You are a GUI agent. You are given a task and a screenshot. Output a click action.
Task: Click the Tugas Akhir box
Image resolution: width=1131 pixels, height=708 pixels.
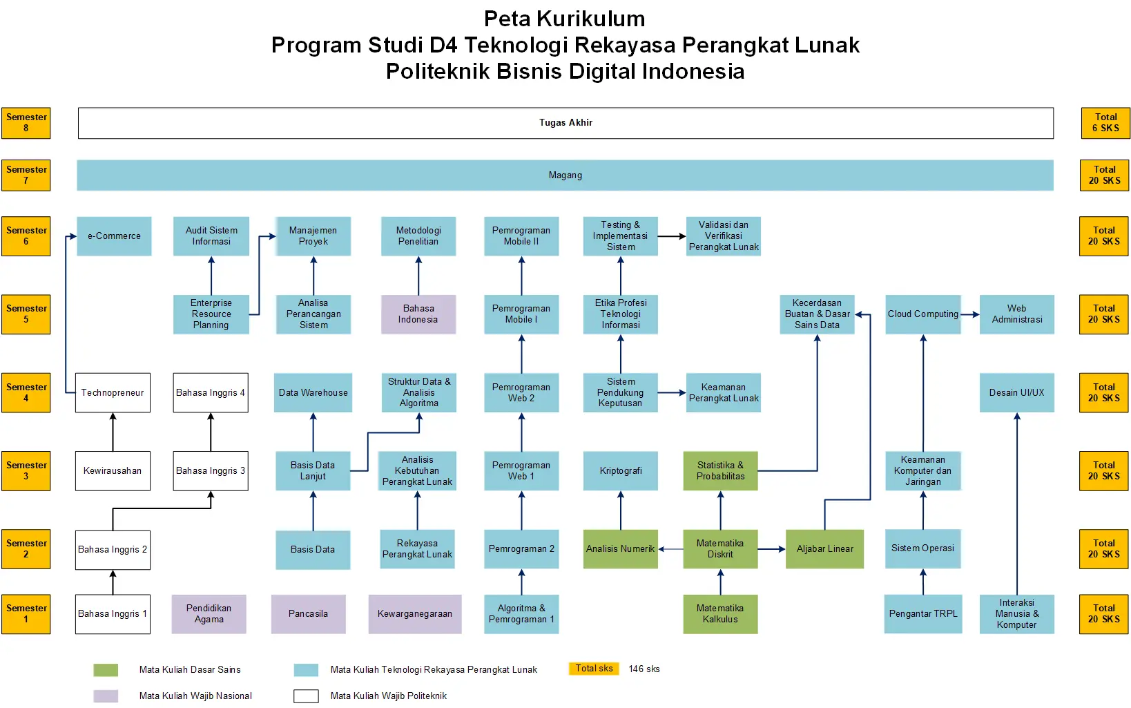click(565, 123)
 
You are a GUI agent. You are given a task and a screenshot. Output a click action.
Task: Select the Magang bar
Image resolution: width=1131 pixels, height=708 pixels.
click(565, 175)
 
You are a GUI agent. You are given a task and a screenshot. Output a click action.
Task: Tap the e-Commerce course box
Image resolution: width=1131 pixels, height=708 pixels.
click(114, 236)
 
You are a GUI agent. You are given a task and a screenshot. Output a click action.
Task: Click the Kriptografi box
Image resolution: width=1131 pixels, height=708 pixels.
click(620, 471)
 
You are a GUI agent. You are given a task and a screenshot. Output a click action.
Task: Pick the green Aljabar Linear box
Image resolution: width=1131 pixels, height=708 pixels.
click(824, 549)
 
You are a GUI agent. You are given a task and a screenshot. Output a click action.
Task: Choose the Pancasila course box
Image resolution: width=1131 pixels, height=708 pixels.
click(308, 614)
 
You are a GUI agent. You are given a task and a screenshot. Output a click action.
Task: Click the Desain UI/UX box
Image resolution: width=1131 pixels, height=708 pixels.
click(1016, 393)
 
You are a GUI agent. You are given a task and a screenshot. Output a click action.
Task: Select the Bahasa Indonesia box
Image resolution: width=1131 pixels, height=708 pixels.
click(418, 314)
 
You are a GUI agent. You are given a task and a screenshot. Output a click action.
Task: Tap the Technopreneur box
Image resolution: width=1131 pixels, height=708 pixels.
click(113, 393)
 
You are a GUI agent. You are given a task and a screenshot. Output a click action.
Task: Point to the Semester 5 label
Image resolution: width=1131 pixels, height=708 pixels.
click(26, 314)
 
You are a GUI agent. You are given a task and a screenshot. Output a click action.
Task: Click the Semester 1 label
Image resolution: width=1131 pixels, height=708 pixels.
click(26, 614)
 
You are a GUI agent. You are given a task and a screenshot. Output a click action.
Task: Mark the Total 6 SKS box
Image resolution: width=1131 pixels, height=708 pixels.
click(1105, 123)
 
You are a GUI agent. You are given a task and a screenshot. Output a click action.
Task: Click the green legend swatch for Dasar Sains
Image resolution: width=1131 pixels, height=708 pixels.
click(106, 670)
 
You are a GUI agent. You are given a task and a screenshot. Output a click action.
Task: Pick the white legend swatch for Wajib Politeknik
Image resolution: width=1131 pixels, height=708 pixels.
click(306, 696)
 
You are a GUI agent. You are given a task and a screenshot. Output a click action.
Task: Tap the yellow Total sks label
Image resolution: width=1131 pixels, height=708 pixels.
click(594, 669)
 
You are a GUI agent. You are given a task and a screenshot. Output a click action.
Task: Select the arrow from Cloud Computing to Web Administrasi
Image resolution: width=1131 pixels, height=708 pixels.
click(970, 314)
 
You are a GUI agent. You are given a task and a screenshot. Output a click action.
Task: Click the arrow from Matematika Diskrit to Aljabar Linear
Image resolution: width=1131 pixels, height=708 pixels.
click(772, 549)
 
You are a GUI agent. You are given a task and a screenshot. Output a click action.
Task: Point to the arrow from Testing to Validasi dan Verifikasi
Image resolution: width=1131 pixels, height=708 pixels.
click(672, 236)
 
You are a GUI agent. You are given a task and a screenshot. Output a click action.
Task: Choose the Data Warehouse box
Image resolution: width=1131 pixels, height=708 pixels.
click(313, 393)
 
